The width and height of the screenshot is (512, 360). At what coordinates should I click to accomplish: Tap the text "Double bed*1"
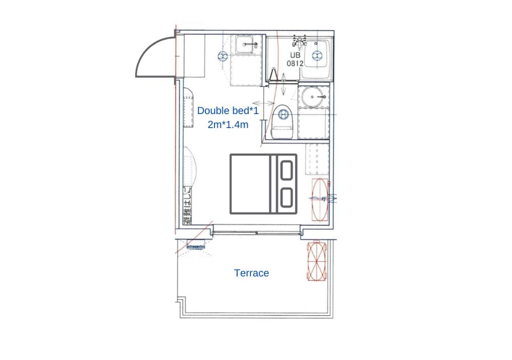(228, 111)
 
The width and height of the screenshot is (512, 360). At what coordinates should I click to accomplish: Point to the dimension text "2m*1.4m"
(228, 125)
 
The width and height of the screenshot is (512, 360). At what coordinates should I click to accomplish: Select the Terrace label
(252, 273)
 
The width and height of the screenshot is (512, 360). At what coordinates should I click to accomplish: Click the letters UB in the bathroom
(295, 55)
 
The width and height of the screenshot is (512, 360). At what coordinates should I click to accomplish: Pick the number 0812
(295, 63)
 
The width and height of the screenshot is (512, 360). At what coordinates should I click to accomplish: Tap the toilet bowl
(282, 122)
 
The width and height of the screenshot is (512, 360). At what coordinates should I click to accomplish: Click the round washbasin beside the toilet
(313, 97)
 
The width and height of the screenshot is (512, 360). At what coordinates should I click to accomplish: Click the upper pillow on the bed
(286, 170)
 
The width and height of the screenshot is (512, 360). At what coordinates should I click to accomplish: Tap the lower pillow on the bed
(286, 198)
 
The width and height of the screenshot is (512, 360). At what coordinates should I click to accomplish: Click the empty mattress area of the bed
(250, 184)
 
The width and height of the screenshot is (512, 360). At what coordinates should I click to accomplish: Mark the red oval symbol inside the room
(320, 200)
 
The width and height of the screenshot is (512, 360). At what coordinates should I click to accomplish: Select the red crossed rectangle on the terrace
(317, 260)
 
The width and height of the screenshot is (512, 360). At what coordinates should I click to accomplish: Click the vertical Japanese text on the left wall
(188, 206)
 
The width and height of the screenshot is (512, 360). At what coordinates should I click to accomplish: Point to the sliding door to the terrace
(256, 233)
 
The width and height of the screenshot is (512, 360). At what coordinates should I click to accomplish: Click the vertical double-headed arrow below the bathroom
(284, 84)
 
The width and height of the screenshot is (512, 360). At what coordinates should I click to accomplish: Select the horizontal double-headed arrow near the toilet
(263, 103)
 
